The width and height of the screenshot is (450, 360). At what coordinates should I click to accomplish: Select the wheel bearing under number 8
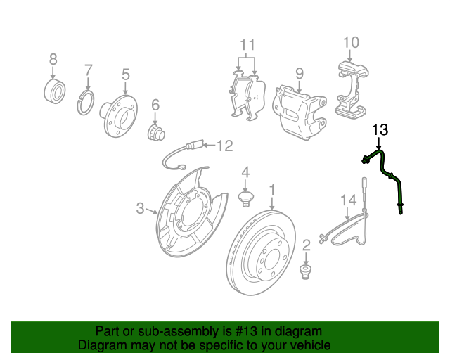pos(54,90)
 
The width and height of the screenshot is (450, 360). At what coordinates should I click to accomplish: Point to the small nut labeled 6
pos(155,132)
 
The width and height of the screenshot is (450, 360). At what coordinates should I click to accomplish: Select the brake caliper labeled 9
pos(300,110)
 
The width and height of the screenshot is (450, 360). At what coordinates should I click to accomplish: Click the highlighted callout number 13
pos(380,129)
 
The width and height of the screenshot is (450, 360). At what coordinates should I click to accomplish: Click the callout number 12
pos(224,146)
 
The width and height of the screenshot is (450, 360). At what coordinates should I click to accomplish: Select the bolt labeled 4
pos(246,200)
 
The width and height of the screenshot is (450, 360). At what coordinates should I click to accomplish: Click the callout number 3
pos(140,208)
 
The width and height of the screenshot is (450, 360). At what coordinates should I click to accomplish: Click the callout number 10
pos(351,42)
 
